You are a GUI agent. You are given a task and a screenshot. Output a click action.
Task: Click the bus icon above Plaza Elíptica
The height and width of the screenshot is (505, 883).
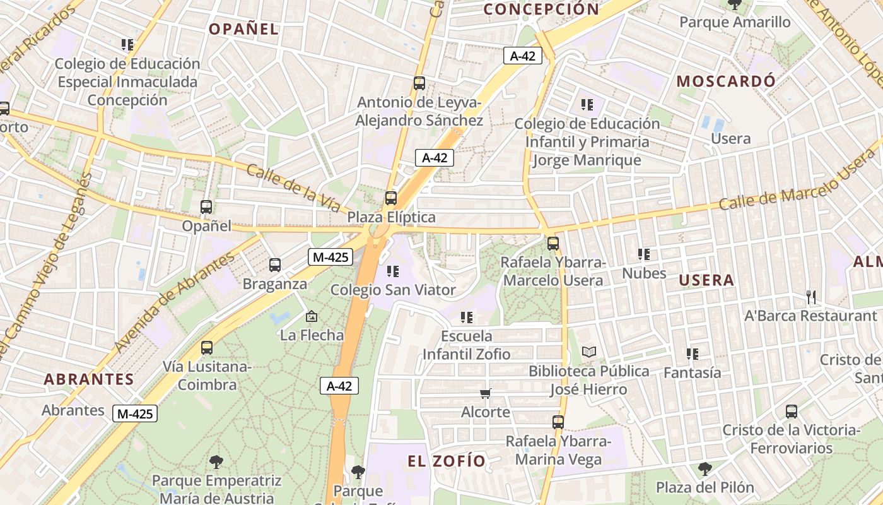coord(391,198)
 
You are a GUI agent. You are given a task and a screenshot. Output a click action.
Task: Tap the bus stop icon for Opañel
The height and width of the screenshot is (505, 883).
coord(206,206)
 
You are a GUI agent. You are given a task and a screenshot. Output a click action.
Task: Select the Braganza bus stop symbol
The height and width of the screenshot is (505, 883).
coord(275,265)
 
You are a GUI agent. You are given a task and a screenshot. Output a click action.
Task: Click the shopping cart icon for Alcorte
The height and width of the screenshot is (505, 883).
coord(485,394)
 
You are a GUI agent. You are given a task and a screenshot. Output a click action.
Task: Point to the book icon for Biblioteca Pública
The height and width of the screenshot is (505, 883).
coord(588,352)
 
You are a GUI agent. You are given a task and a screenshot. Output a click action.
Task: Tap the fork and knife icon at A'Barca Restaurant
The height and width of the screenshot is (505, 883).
coord(811,297)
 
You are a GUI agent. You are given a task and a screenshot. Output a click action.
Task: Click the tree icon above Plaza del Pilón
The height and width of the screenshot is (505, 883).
coord(705,469)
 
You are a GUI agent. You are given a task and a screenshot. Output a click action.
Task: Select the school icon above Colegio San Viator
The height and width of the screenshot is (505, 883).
coord(393,271)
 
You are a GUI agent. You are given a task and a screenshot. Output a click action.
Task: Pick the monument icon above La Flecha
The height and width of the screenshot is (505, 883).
coord(311,316)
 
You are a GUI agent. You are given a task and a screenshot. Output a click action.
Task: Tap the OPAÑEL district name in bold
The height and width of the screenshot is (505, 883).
coord(243,29)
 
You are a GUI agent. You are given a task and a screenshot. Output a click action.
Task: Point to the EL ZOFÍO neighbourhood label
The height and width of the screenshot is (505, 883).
coord(447,461)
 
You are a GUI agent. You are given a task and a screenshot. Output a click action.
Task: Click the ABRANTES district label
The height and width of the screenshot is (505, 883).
coord(89,379)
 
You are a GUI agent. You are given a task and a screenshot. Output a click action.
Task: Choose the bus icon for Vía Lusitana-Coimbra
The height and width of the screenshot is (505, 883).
coord(207,347)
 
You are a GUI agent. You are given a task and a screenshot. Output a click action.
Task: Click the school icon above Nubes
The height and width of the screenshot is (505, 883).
coord(643,254)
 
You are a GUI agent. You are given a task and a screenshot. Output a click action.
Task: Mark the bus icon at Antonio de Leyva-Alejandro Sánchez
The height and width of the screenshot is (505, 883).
coord(419,83)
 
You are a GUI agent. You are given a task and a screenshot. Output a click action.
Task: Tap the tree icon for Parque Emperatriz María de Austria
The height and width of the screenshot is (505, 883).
coord(216,461)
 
